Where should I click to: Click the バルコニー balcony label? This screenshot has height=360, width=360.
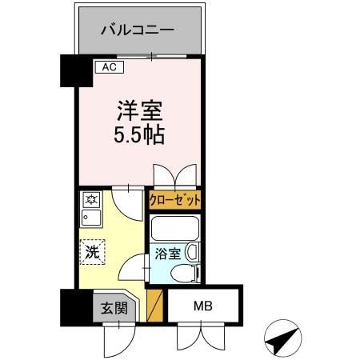point(138,30)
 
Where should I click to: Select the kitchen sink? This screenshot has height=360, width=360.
point(89,218)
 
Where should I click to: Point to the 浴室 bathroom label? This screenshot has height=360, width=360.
point(168,256)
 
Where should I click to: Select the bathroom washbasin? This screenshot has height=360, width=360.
point(193,253)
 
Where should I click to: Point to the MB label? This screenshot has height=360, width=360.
point(200,305)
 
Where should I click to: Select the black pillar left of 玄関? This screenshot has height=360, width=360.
point(70,306)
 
